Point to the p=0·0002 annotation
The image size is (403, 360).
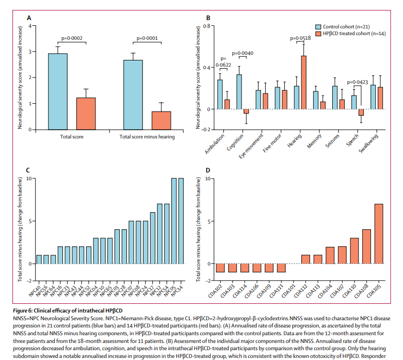tap(72, 38)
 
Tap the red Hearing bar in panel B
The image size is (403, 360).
tap(303, 83)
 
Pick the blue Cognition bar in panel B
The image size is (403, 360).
tap(239, 91)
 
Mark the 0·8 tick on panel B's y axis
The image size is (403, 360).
tap(206, 25)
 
